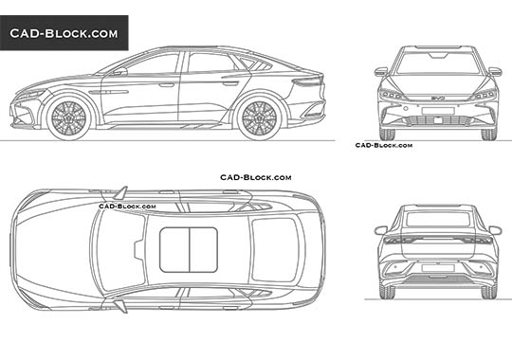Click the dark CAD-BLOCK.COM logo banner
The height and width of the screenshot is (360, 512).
64,33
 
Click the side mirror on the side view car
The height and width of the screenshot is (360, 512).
120,71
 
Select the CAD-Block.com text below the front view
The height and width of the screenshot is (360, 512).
383,145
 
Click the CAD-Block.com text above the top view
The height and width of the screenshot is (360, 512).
256,177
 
